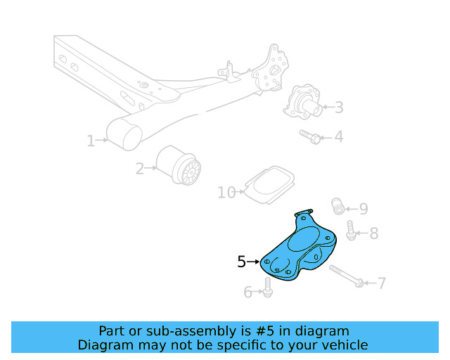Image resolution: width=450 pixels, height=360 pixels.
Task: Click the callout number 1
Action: point(91,141)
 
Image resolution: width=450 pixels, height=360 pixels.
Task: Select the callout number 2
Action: point(140,169)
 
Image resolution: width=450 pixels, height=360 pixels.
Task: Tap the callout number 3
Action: point(339,108)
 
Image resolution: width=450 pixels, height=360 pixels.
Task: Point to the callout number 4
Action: point(339,136)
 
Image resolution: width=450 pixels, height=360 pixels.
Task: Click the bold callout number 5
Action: point(242,262)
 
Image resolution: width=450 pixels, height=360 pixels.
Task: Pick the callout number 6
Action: point(248,292)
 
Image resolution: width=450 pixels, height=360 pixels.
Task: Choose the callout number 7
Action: point(381,283)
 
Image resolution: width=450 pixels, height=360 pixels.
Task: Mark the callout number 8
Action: point(373,233)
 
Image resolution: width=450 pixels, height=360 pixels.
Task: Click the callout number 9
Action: point(363,208)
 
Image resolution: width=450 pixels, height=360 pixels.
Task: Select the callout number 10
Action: point(226,192)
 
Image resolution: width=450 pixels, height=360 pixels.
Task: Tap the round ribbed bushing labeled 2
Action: point(180,167)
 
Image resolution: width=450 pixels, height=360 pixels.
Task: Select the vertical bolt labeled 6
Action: point(268,286)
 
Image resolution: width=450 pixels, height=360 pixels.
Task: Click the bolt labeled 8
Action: point(350,231)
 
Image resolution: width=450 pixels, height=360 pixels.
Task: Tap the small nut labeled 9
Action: point(338,206)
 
